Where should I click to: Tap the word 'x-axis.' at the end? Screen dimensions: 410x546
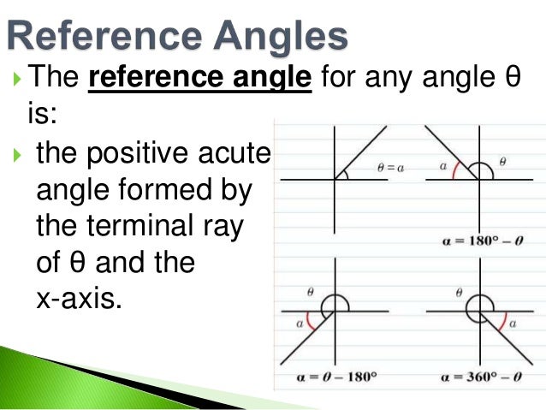click(x=75, y=300)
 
